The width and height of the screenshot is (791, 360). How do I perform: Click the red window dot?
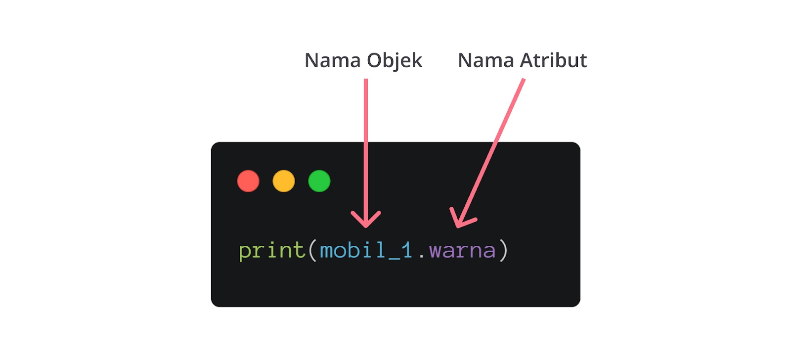248,181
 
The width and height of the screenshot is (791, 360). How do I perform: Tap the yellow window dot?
284,181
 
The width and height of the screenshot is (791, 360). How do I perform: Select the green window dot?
319,181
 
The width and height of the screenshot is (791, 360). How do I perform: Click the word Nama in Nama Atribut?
486,60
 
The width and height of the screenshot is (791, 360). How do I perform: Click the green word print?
271,250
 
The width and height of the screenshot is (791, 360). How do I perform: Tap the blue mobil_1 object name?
366,250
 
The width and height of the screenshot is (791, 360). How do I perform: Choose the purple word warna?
462,251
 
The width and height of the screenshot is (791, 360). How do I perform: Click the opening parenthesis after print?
312,250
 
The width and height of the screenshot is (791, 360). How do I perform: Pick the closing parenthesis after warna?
503,250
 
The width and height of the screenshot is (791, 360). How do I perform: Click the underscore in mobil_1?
394,259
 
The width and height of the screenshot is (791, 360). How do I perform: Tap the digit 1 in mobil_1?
407,250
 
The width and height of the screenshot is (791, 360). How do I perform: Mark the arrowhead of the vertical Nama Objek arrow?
366,223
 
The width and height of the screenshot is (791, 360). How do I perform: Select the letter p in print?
245,252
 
